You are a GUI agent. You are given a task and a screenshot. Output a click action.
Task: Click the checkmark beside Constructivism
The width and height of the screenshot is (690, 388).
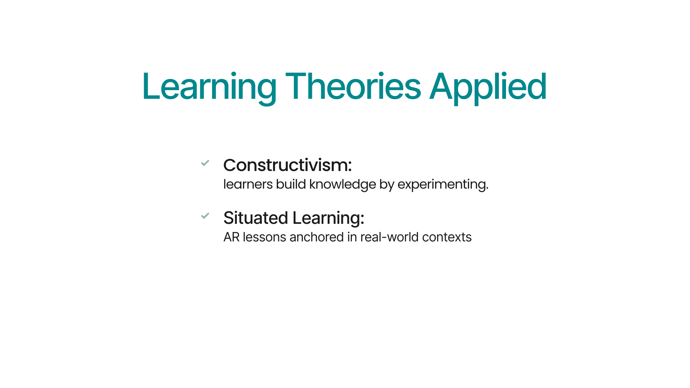[205, 163]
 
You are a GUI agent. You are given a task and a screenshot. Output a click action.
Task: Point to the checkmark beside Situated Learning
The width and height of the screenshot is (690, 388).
[205, 216]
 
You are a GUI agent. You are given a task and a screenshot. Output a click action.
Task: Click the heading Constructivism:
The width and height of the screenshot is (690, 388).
[287, 165]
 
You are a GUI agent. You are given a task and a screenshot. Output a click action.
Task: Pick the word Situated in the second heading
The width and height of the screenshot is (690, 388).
[256, 218]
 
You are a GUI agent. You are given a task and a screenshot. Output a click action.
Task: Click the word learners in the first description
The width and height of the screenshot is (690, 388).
[248, 184]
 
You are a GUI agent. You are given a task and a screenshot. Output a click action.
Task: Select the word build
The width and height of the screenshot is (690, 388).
[291, 184]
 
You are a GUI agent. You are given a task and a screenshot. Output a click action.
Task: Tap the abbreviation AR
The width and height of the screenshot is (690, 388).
[231, 237]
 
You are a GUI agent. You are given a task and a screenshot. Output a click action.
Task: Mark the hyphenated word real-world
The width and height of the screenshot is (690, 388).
[389, 237]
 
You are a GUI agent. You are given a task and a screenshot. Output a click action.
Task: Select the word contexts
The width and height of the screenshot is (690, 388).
[447, 237]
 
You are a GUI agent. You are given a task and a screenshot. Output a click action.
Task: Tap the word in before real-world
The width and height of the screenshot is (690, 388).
[352, 237]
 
